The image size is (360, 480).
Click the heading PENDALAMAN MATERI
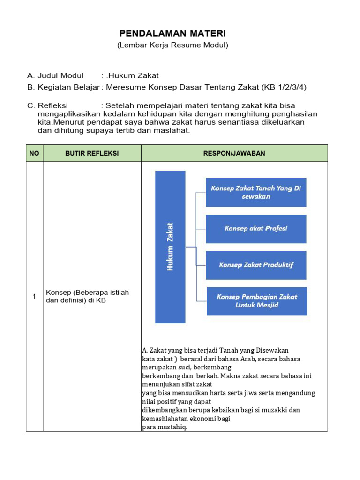172,33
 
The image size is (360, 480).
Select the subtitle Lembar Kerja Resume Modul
172,45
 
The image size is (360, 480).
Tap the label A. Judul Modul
55,75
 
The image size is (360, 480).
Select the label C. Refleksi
48,105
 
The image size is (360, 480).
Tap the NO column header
34,153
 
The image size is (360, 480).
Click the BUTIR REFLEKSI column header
92,153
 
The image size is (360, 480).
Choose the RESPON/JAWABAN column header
234,153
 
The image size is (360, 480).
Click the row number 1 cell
34,296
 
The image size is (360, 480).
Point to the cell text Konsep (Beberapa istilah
87,292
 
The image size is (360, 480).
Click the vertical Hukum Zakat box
170,247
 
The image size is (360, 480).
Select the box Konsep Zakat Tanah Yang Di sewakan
256,192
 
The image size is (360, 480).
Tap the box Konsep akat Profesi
256,229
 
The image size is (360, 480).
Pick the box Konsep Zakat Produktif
256,265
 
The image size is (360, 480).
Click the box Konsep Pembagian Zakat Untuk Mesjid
257,301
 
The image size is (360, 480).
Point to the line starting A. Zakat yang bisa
215,350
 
